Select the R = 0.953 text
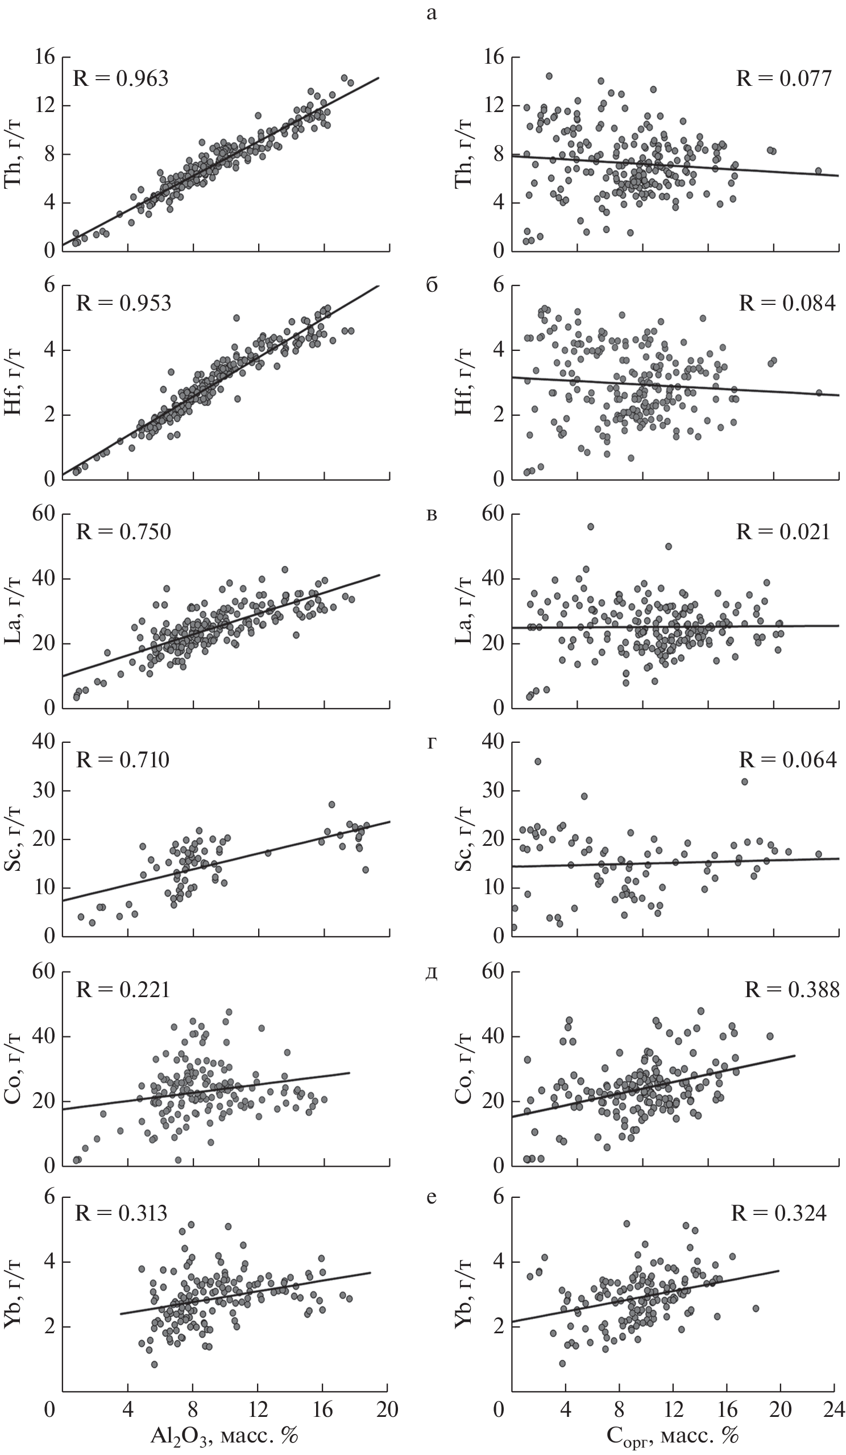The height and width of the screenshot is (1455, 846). click(x=123, y=303)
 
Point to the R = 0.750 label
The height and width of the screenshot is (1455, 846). click(x=123, y=532)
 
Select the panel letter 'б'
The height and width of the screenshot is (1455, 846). click(x=431, y=286)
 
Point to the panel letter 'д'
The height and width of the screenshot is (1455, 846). click(x=431, y=974)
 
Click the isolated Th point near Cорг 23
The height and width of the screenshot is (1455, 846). click(x=818, y=171)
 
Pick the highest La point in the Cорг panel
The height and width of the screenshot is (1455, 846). click(x=590, y=527)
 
